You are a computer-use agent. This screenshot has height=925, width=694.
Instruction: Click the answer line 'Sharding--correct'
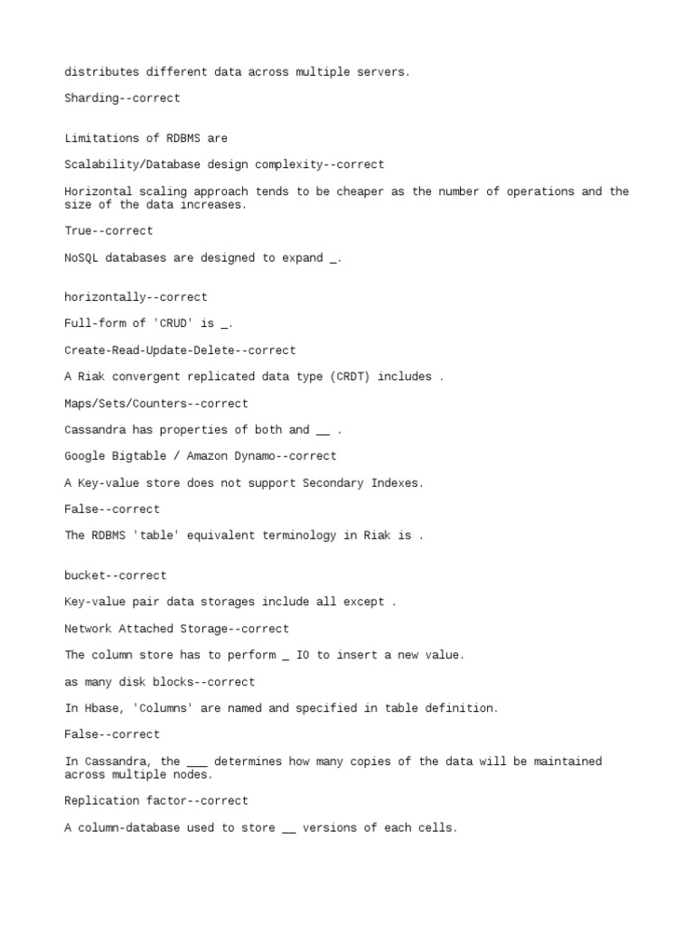tap(122, 98)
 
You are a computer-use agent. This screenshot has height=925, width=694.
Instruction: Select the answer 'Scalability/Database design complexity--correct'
tap(224, 164)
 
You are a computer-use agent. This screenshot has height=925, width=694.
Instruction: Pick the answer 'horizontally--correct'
tap(136, 297)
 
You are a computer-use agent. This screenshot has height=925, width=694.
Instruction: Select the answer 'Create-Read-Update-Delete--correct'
tap(180, 350)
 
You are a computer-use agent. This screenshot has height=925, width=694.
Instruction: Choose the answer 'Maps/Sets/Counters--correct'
tap(156, 404)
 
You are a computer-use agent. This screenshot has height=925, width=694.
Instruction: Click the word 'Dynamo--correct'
tap(292, 456)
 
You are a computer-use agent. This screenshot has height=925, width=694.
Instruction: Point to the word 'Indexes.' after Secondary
tap(397, 483)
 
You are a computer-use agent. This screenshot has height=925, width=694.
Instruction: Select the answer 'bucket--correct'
tap(116, 575)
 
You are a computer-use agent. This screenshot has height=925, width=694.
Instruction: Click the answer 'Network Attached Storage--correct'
tap(177, 629)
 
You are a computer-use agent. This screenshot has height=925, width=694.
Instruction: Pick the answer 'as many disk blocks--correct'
tap(160, 682)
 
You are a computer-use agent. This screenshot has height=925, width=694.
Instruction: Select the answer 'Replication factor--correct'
tap(156, 800)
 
